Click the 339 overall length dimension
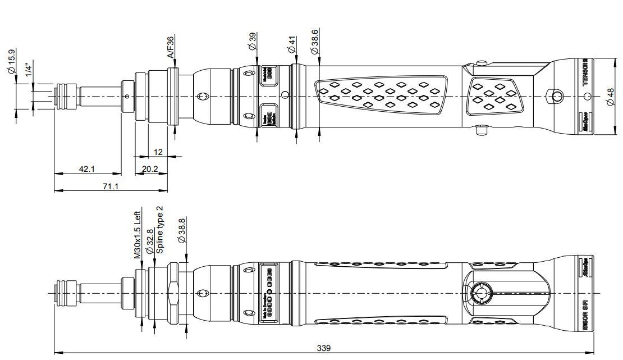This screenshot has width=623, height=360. tap(324, 348)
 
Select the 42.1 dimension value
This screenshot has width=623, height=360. tap(87, 168)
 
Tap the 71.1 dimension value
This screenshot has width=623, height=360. tap(111, 186)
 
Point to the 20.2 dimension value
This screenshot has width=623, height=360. tap(150, 168)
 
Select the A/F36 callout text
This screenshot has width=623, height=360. tap(171, 47)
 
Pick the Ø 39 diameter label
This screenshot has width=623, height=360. tap(253, 41)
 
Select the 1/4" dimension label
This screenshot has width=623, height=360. tap(29, 71)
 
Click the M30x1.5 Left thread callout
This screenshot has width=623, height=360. tap(137, 234)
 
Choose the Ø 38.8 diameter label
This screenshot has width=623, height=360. tap(181, 230)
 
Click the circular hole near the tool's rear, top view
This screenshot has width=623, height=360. tap(557, 97)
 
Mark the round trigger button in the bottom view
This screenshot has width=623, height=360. tap(480, 293)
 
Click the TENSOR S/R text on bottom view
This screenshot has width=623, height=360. tap(585, 318)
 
